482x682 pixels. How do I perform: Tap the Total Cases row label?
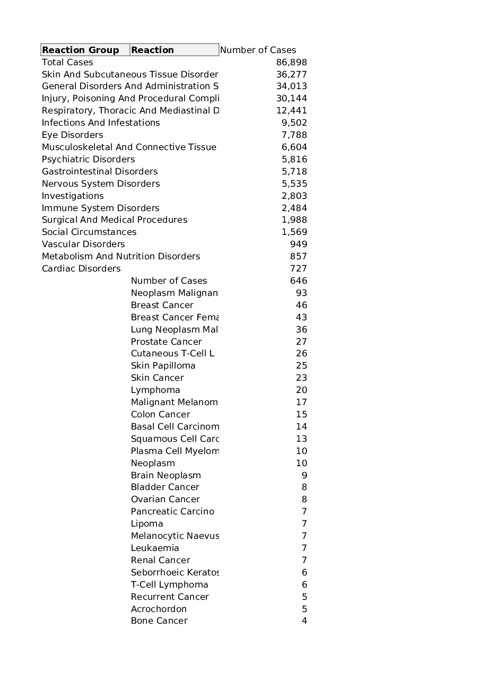pyautogui.click(x=67, y=62)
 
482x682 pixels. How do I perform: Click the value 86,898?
pyautogui.click(x=291, y=62)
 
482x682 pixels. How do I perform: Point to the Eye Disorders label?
pyautogui.click(x=73, y=135)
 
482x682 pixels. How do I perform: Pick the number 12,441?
pyautogui.click(x=291, y=110)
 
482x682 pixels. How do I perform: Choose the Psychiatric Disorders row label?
pyautogui.click(x=89, y=159)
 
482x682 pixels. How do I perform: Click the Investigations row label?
pyautogui.click(x=73, y=196)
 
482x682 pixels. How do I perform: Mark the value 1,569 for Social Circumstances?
pyautogui.click(x=294, y=232)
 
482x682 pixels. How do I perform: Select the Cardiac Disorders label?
pyautogui.click(x=81, y=268)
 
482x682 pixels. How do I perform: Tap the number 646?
pyautogui.click(x=299, y=281)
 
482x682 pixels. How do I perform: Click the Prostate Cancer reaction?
pyautogui.click(x=166, y=342)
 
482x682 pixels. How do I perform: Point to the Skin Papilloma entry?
pyautogui.click(x=163, y=365)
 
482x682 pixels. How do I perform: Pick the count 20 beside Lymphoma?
pyautogui.click(x=301, y=390)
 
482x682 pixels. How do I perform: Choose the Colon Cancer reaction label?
pyautogui.click(x=161, y=414)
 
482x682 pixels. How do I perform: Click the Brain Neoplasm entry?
pyautogui.click(x=166, y=475)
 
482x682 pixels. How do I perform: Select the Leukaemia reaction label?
pyautogui.click(x=155, y=548)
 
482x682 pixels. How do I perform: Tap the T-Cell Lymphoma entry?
pyautogui.click(x=170, y=584)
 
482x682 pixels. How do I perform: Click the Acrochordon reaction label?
pyautogui.click(x=159, y=609)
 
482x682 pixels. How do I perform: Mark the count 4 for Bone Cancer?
pyautogui.click(x=304, y=620)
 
